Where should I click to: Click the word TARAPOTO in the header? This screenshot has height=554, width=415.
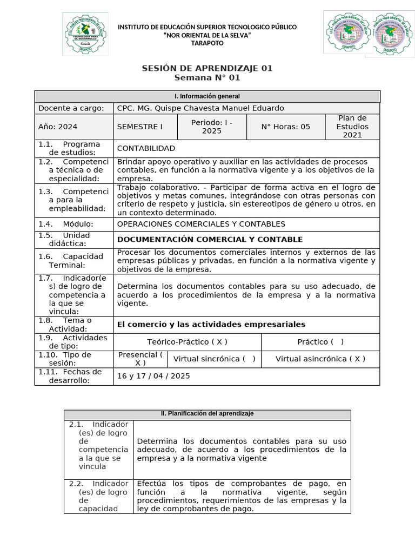(x=207, y=43)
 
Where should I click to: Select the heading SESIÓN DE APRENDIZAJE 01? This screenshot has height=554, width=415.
(x=207, y=68)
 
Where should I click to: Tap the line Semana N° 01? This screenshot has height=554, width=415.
(x=207, y=78)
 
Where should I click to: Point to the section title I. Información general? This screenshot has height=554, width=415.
(x=207, y=96)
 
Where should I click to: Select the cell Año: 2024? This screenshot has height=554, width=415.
(x=58, y=127)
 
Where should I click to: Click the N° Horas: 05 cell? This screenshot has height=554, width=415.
(x=285, y=127)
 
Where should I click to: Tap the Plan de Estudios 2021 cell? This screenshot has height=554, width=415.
(x=352, y=126)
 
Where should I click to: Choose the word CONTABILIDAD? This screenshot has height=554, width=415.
(x=146, y=148)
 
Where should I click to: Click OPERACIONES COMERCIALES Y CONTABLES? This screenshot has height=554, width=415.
(x=201, y=224)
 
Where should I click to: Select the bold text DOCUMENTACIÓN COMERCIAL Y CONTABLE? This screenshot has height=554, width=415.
(x=210, y=239)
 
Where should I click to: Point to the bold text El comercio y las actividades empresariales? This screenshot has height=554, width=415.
(x=211, y=324)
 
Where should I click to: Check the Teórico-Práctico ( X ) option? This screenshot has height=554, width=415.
(x=187, y=342)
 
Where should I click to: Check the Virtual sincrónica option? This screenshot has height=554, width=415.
(x=214, y=359)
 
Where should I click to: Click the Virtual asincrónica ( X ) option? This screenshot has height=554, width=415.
(x=320, y=359)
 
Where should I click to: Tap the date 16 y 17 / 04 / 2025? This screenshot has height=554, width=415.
(x=153, y=376)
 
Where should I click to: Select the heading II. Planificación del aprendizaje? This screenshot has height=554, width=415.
(x=207, y=414)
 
